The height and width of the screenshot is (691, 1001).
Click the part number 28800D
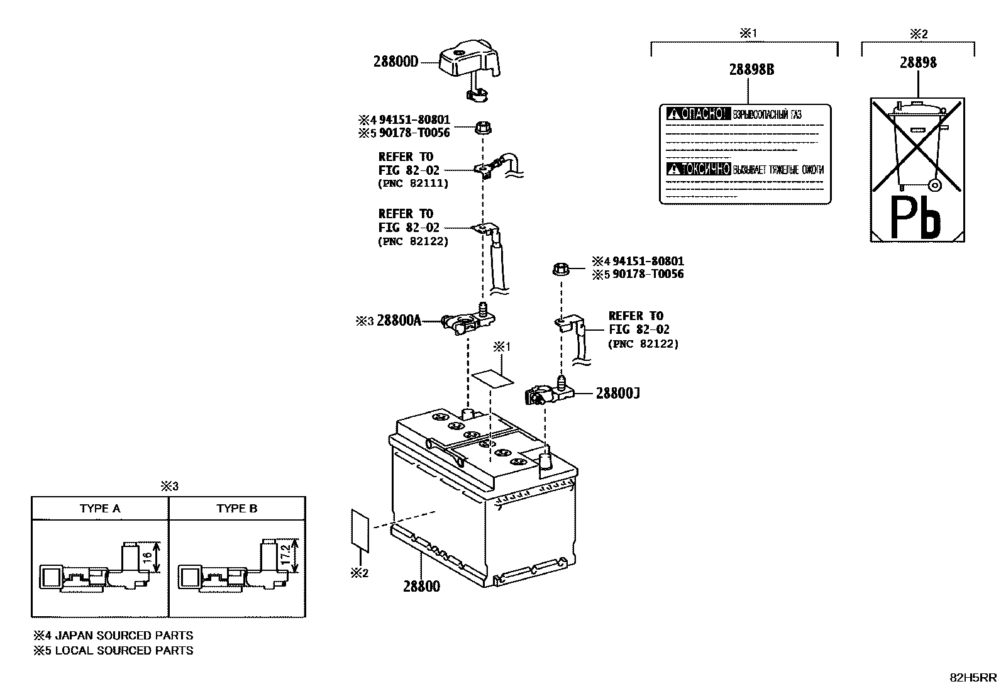(x=395, y=62)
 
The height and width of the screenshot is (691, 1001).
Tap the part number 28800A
(x=399, y=321)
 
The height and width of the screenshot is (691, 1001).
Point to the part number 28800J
(x=617, y=393)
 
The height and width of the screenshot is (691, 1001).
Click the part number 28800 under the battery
(x=421, y=586)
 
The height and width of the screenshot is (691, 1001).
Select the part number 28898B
(x=751, y=69)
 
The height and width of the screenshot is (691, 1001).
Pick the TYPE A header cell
(x=100, y=508)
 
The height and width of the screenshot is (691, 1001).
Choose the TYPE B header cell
(x=237, y=508)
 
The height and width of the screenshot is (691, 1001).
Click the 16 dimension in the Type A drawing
(x=145, y=557)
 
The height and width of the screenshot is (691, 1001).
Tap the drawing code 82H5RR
(x=972, y=677)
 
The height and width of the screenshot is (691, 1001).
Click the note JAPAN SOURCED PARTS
(x=124, y=635)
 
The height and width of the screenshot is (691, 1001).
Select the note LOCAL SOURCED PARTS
(x=124, y=650)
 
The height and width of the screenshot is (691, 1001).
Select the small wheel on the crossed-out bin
(x=934, y=185)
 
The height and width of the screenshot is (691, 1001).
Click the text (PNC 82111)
(x=413, y=184)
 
